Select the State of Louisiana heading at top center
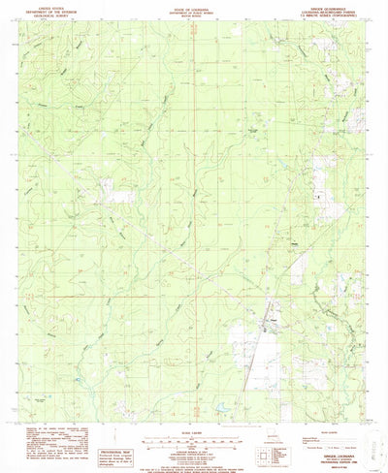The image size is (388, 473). pyautogui.click(x=194, y=7)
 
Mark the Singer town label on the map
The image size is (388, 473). pyautogui.click(x=274, y=308)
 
